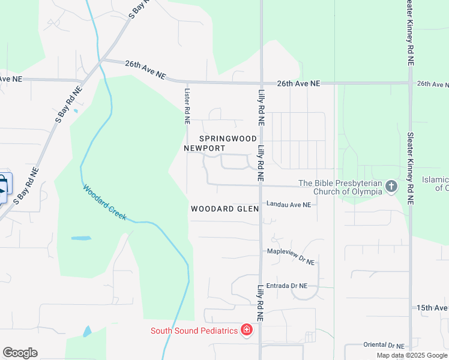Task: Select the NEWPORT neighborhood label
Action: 205,148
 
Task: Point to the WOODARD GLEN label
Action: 224,209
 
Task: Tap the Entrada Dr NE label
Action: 286,286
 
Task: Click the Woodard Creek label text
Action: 105,202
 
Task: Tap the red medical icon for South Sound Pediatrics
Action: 246,330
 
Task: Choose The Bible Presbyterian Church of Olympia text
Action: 340,187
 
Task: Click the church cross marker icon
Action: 391,187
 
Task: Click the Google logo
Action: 20,353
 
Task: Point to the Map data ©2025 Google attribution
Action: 412,355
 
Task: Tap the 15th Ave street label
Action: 433,308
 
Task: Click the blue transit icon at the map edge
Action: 3,188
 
